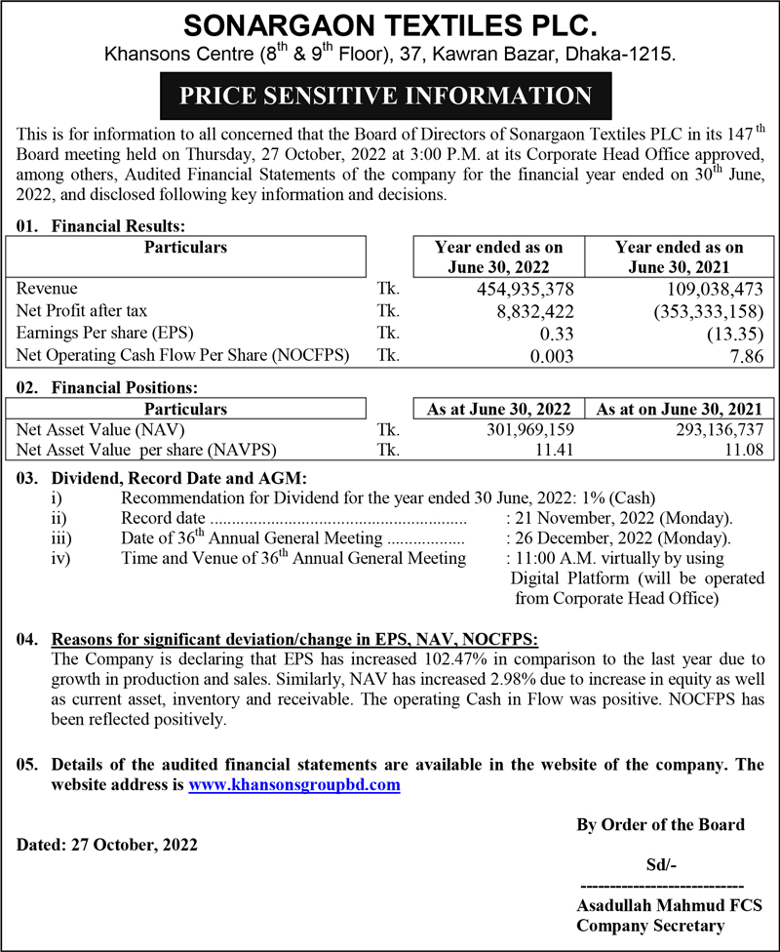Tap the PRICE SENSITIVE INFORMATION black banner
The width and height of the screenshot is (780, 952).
(x=390, y=96)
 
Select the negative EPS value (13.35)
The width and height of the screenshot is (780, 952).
(x=737, y=334)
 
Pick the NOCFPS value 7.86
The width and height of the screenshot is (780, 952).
(x=745, y=356)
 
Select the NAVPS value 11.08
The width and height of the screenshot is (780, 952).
(x=743, y=451)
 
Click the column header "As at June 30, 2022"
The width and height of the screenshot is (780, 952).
(x=499, y=409)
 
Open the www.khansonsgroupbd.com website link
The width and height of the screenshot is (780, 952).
(x=294, y=784)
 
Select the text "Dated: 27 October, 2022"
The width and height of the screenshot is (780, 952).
(x=107, y=845)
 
